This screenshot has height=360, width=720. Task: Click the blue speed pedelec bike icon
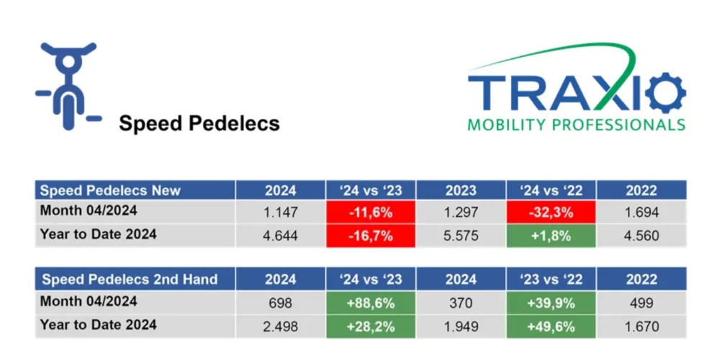point(67,85)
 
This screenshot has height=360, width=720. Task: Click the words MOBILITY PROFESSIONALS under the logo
point(576,125)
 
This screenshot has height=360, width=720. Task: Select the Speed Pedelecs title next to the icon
point(199,123)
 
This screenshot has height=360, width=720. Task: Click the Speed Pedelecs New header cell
point(135,190)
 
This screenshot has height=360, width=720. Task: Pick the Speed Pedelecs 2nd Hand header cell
point(135,279)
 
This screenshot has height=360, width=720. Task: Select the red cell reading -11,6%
point(371,212)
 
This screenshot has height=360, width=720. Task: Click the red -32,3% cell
point(551,212)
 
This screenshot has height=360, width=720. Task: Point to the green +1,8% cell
point(551,235)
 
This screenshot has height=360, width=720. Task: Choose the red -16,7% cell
point(371,235)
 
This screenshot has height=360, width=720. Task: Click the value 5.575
point(461,235)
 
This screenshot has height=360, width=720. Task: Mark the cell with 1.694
point(641,212)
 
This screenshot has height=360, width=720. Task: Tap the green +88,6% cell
point(371,302)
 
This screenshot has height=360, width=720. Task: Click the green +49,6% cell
point(551,326)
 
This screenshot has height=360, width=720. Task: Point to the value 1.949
point(461,326)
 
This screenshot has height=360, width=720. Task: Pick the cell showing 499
point(641,302)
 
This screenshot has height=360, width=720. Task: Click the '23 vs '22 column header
point(551,279)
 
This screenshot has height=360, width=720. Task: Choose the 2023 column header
point(461,190)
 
